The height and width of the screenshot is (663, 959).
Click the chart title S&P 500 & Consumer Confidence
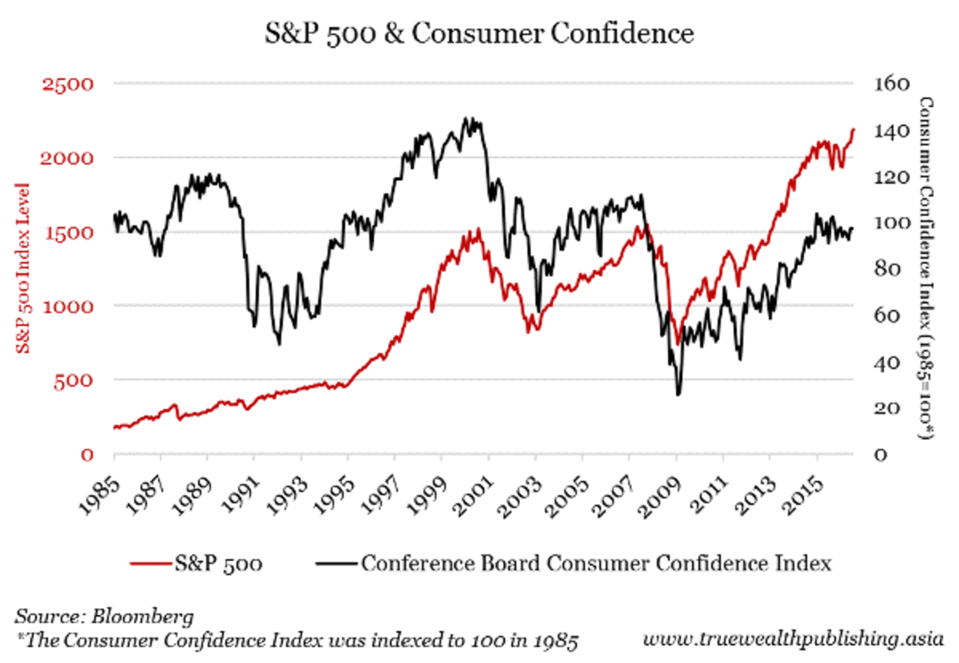click(479, 34)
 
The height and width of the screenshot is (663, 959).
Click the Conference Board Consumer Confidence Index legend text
click(596, 563)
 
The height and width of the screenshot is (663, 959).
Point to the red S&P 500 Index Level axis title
click(24, 268)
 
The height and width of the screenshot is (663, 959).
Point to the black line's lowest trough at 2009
click(678, 394)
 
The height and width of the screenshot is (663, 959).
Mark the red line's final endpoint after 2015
click(854, 129)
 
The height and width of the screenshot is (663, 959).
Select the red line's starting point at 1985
click(114, 428)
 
